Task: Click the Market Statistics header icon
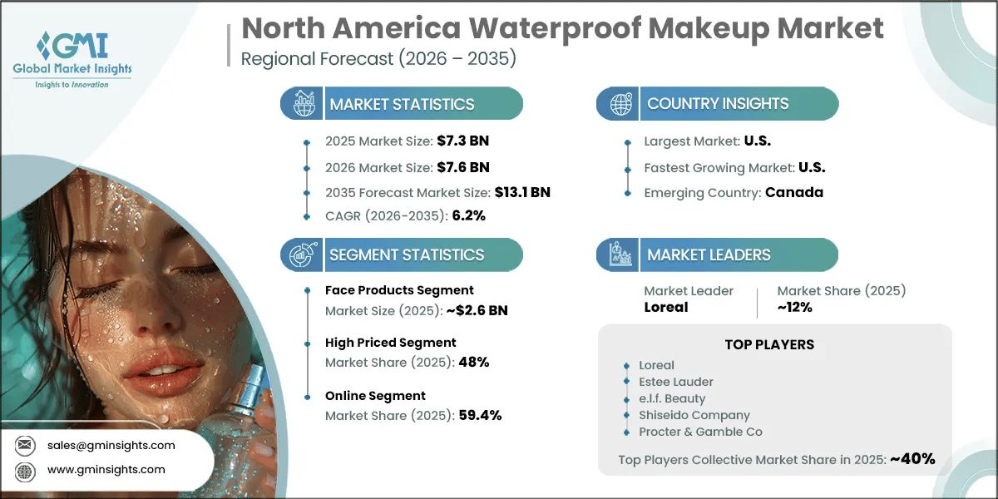point(301,104)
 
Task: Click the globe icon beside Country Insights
point(620,104)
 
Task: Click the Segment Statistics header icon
point(301,254)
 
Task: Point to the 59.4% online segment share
point(480,415)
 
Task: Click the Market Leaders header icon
point(620,254)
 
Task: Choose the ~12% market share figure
point(795,307)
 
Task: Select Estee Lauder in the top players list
point(677,382)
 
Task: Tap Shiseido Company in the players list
point(695,415)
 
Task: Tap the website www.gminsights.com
point(106,469)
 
